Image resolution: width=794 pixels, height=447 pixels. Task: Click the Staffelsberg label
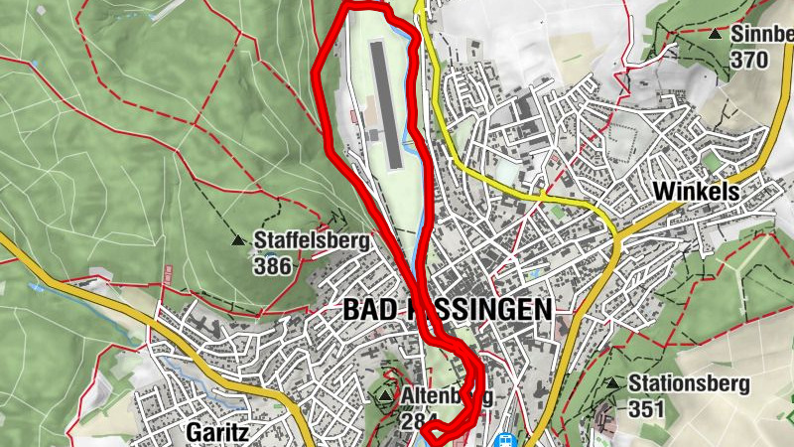[x=312, y=240]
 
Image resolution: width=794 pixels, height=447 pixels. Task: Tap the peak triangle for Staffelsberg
[x=237, y=240]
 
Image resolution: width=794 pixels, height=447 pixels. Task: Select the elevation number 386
[x=273, y=265]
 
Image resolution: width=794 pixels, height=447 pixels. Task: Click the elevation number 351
[x=646, y=407]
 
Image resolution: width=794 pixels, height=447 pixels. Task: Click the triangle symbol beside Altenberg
[x=385, y=396]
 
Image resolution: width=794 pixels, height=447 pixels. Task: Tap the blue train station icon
[x=506, y=438]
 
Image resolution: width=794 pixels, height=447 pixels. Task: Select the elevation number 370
[x=748, y=60]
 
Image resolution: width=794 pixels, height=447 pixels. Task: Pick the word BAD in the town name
[x=364, y=310]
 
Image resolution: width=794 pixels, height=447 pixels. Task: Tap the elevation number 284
[x=417, y=420]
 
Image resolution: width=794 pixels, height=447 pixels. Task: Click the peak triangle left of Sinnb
[x=715, y=34]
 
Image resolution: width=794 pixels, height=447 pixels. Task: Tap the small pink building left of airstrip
[x=353, y=118]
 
